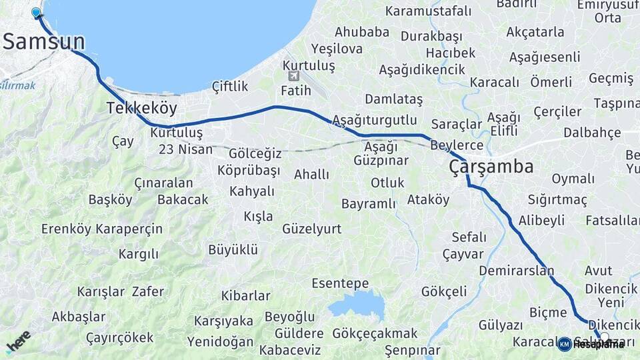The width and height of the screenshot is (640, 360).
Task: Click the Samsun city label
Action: click(44, 41)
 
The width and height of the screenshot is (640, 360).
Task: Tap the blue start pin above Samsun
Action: click(36, 12)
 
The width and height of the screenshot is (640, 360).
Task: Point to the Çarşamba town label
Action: click(491, 166)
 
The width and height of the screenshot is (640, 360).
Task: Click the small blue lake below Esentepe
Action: click(357, 305)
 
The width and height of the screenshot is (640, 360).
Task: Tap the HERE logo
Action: click(18, 342)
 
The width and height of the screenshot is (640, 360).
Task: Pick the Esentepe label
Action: click(340, 283)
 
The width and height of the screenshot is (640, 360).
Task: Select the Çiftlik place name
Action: click(230, 86)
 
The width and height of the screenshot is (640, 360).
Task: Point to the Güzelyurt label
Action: click(312, 229)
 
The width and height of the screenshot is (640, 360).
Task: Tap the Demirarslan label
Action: click(517, 271)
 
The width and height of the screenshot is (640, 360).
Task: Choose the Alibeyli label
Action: click(541, 220)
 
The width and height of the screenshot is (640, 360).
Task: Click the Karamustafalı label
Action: click(428, 11)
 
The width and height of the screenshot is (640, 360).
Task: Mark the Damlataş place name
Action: click(394, 99)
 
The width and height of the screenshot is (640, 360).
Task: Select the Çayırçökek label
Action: click(120, 337)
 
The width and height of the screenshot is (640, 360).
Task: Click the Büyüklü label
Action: click(233, 250)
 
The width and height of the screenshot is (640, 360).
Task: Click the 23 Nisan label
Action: click(186, 149)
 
